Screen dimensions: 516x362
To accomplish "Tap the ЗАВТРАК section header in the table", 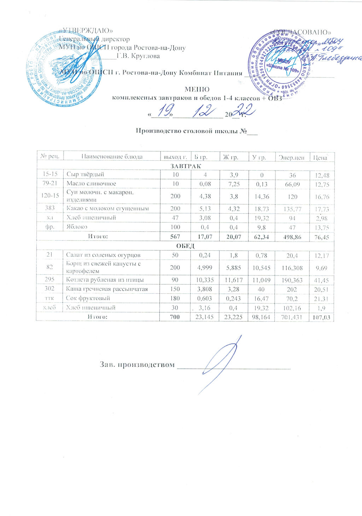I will (x=186, y=166).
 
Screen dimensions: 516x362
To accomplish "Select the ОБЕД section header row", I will (x=186, y=246).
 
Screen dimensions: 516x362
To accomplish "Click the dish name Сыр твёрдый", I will (x=86, y=174).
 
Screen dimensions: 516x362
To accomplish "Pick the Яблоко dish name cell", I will (x=77, y=227).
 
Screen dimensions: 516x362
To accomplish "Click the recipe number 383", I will (x=49, y=208).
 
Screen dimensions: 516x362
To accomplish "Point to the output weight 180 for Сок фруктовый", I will (x=175, y=298).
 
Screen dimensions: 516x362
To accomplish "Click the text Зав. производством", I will (x=137, y=364).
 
